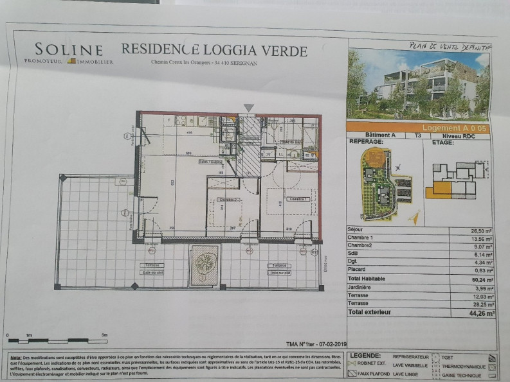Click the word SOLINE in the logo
69,49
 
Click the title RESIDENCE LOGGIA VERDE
214,50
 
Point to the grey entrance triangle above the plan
249,108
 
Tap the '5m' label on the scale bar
105,335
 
